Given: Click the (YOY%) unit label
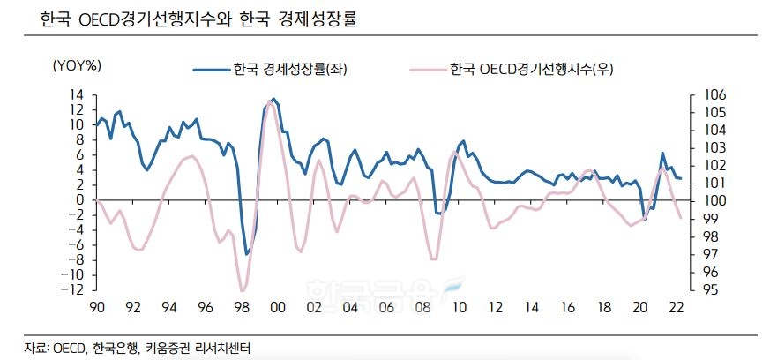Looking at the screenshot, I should (x=78, y=64).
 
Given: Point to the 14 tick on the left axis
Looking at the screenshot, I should (x=77, y=94).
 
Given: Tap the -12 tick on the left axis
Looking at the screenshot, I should (x=73, y=289).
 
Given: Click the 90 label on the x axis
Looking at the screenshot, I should (x=97, y=307).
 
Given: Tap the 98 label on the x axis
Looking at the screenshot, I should (x=241, y=307).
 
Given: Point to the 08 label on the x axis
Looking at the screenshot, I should (x=422, y=307).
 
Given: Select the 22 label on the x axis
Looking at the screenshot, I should (x=675, y=307).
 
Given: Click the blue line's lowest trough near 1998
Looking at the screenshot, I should (x=247, y=254).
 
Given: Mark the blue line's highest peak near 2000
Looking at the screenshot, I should (x=273, y=99).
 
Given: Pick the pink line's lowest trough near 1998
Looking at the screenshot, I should (x=242, y=290).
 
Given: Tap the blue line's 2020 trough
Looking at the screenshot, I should (x=645, y=220).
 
